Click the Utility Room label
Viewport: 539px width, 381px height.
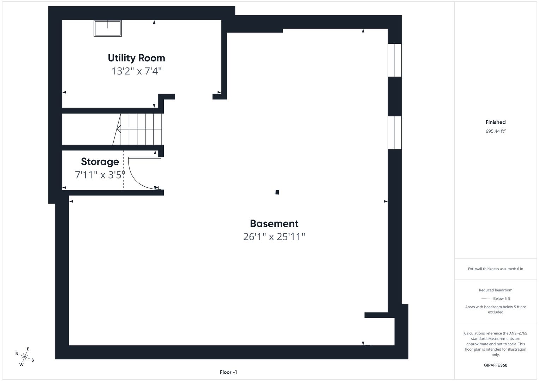136,58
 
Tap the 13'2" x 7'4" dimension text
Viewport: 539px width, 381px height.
136,71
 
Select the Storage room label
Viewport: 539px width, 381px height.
100,162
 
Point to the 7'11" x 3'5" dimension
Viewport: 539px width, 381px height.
100,175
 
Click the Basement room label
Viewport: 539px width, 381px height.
274,223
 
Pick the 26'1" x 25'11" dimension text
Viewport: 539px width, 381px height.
274,237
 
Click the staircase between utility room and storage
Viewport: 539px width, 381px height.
139,129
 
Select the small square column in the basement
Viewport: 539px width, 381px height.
277,192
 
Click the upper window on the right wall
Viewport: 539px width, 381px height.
395,60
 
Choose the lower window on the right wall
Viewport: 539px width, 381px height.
395,133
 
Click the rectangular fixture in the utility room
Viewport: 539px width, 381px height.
108,28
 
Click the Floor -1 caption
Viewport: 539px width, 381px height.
228,372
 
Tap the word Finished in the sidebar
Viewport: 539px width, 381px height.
495,122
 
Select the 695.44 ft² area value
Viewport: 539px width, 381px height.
495,131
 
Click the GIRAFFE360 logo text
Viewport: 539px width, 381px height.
495,365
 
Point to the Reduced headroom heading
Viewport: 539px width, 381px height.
495,290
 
